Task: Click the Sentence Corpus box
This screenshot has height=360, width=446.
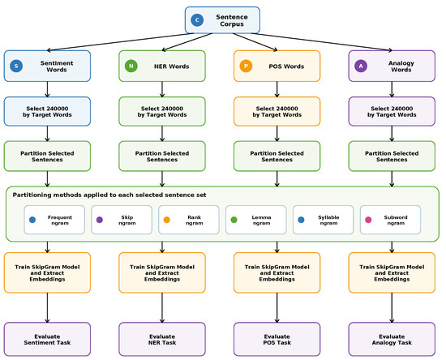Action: [222, 20]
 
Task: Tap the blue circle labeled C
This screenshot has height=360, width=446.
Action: [197, 20]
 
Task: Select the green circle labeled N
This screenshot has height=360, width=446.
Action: [131, 66]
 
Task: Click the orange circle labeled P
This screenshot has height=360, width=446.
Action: [246, 66]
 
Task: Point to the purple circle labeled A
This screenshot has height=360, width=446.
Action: [361, 66]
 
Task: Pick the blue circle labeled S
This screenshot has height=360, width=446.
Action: [16, 66]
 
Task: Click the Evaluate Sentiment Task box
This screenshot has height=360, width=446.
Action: [47, 339]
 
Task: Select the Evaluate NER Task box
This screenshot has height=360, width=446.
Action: [162, 339]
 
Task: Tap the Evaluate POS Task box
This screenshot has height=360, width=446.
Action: [277, 339]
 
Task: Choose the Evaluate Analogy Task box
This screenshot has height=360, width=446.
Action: [392, 339]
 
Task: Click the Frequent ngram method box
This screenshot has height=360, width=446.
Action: [54, 220]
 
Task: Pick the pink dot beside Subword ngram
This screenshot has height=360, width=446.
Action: [368, 220]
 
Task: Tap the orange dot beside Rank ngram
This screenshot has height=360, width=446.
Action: [167, 220]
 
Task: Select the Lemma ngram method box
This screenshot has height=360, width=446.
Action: [256, 220]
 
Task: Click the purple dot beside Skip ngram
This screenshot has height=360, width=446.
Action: [100, 220]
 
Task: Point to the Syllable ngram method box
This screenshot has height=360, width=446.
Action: [323, 220]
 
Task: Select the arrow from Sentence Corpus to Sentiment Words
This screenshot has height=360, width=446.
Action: [120, 42]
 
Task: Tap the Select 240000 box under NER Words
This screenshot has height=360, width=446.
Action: [162, 111]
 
